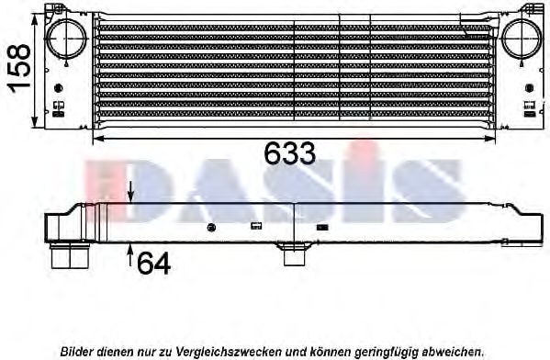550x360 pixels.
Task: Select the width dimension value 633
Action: (289, 154)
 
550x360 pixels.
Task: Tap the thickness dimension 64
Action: (154, 264)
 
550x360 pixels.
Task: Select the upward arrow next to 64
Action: (131, 253)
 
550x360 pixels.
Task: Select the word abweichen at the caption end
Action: (453, 351)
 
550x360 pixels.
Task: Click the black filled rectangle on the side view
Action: (322, 226)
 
